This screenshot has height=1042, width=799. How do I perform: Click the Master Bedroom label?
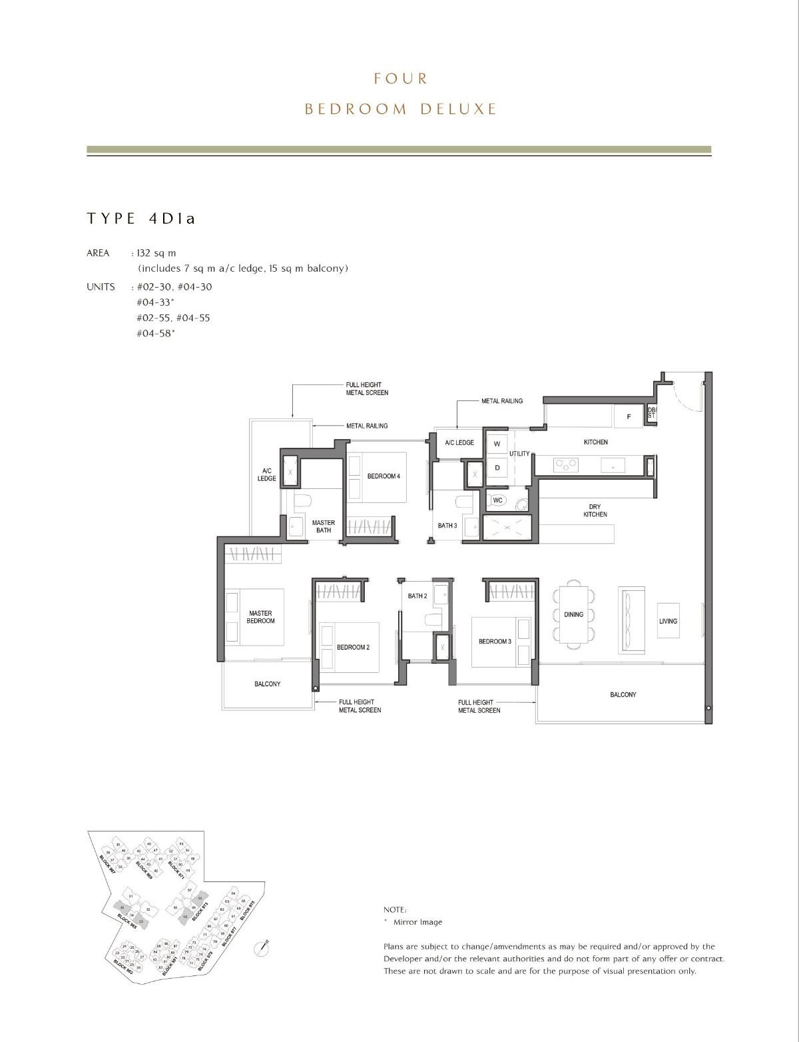tap(260, 617)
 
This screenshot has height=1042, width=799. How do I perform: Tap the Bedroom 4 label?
tap(384, 476)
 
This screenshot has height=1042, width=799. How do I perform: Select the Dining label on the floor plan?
tap(573, 614)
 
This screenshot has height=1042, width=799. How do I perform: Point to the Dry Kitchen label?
tap(595, 511)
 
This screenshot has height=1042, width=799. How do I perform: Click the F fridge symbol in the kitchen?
tap(629, 416)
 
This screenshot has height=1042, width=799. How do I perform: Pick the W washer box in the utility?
tap(497, 444)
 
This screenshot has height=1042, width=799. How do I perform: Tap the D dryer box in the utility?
tap(497, 468)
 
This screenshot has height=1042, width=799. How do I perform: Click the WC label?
tap(497, 500)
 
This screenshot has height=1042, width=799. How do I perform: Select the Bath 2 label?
tap(417, 596)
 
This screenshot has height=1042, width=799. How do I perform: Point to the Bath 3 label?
tap(447, 526)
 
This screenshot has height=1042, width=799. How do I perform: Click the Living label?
tap(668, 621)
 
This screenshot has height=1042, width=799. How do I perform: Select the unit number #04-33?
tap(155, 302)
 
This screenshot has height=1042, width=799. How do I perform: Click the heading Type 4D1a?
tap(141, 219)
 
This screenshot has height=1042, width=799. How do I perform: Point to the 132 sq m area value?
tap(156, 253)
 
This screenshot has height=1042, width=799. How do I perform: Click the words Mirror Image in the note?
tap(417, 922)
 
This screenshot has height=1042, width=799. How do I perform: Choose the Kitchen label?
tap(595, 442)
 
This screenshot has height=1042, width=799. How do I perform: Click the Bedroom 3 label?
tap(495, 642)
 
